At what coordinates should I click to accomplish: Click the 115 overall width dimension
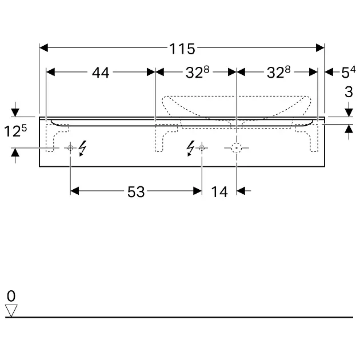[182, 49]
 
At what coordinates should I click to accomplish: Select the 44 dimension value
[101, 73]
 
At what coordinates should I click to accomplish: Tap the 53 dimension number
[136, 191]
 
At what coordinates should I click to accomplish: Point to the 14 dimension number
[219, 191]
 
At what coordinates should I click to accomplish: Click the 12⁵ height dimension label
[15, 131]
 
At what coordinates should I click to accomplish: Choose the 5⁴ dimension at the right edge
[349, 72]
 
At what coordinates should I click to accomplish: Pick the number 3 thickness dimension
[349, 92]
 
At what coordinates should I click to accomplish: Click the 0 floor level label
[11, 296]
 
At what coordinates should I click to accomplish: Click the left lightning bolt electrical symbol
[82, 149]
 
